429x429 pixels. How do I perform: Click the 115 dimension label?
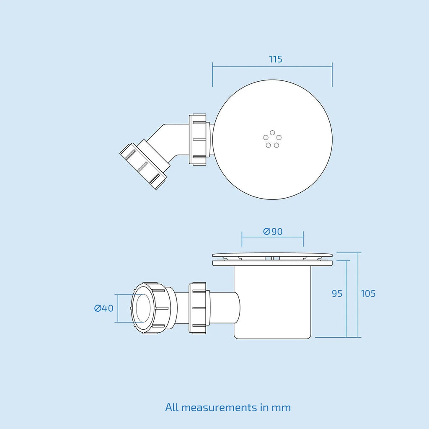coord(275,59)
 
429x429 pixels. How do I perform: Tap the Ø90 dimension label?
coord(273,231)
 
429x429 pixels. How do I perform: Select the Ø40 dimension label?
coord(104,308)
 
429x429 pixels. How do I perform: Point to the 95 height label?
coord(337,294)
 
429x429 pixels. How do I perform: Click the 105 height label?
coord(368,294)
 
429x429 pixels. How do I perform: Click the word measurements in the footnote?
coord(219,408)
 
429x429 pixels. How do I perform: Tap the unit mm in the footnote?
coord(281,408)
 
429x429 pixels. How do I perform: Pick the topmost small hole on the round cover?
coord(272,133)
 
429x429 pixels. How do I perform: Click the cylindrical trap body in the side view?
coord(272,302)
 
